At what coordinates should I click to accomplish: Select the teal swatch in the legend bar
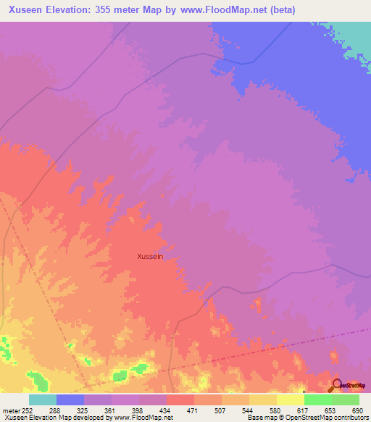43,400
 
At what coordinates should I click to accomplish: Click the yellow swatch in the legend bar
290,400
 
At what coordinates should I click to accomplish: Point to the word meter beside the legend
11,410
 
